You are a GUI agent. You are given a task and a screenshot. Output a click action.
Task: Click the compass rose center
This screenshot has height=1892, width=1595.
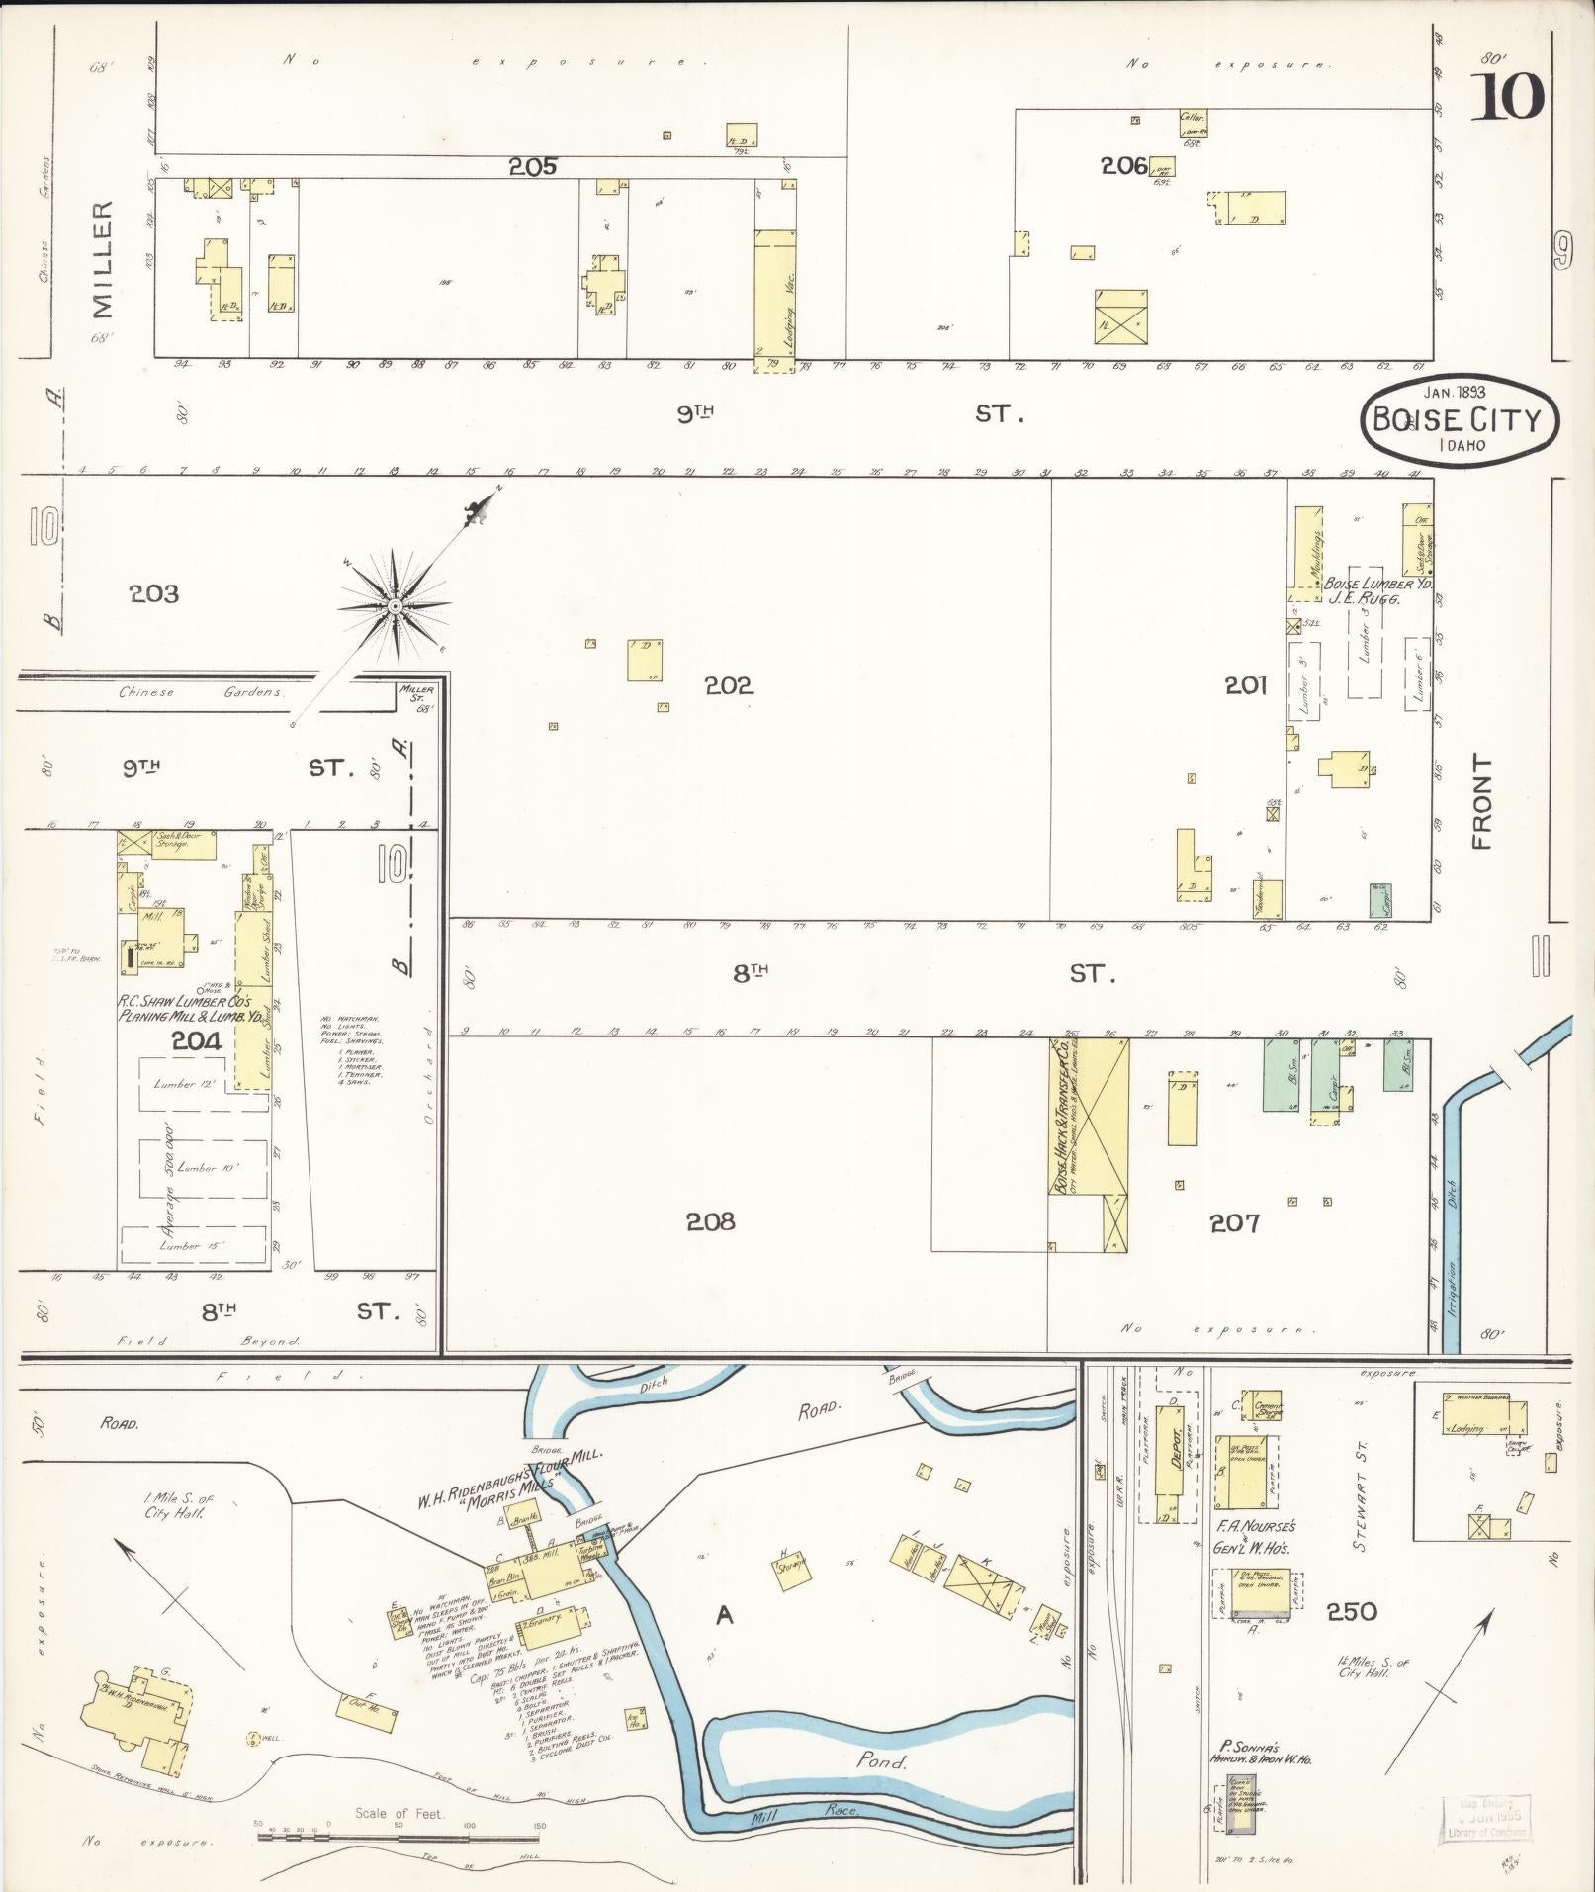pos(395,605)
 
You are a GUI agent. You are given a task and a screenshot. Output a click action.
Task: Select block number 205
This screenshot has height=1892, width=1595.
pos(533,167)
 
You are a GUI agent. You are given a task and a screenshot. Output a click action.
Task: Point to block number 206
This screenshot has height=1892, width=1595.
pos(1123,165)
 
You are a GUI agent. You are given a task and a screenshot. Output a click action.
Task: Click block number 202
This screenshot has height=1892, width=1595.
pos(729,685)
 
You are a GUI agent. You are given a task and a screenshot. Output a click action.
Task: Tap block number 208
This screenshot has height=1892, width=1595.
pos(711,1222)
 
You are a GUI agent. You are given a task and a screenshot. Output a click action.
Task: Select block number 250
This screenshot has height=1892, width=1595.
pos(1352,1612)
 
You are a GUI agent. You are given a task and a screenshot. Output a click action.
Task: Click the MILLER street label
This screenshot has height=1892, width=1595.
pos(103,260)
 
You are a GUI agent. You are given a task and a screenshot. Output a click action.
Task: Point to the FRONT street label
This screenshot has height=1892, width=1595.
pos(1480,801)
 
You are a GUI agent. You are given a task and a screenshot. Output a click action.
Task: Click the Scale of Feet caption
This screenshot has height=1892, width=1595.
pos(400,1814)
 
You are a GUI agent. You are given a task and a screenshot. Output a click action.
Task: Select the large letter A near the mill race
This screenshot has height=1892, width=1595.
pos(725,1615)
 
